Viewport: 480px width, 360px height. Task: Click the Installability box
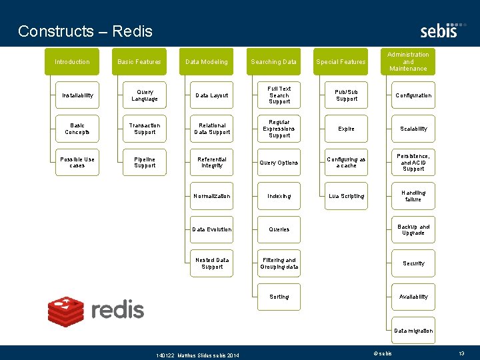click(77, 95)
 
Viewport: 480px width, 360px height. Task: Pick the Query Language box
click(145, 95)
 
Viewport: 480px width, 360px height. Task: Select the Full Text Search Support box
click(279, 95)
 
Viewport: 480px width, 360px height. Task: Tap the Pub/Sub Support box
click(346, 95)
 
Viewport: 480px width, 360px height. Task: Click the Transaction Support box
click(145, 129)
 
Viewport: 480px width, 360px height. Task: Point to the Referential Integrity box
click(211, 163)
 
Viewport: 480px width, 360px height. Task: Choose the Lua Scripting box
click(346, 196)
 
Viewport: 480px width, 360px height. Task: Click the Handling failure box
click(413, 196)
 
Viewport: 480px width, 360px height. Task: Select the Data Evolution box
click(211, 229)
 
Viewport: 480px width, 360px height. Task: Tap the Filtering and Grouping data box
click(279, 263)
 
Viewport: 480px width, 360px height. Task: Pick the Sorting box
click(279, 297)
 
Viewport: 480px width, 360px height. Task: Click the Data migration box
click(413, 331)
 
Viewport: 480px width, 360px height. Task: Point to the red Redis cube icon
click(65, 310)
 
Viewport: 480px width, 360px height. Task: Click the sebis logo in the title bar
click(439, 30)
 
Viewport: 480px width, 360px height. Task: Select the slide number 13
click(461, 353)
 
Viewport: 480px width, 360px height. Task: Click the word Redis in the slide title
click(132, 31)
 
